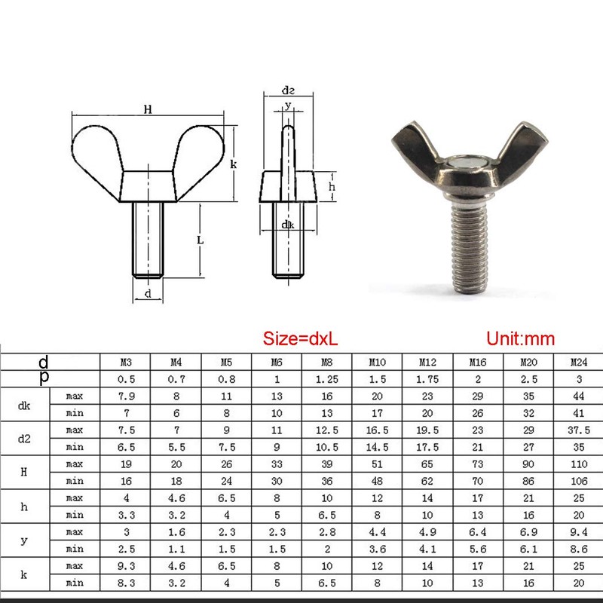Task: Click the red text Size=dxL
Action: pos(301,338)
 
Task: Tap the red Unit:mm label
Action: pos(520,338)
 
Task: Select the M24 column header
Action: pos(577,361)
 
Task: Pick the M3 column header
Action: pos(125,361)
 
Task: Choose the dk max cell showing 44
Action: pos(577,394)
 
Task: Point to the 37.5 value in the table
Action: pos(577,429)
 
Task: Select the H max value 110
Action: pos(577,464)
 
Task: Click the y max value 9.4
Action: pos(577,533)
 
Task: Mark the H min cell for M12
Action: pos(427,480)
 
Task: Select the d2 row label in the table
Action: pos(25,437)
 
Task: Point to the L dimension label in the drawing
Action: pos(199,240)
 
